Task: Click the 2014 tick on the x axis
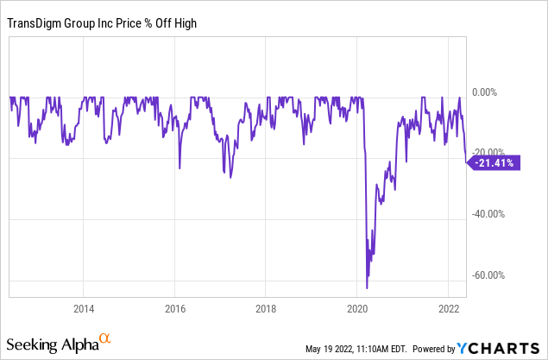84,308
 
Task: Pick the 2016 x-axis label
175,308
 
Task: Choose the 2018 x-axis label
267,308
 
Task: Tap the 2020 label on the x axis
357,308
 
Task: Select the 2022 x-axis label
449,308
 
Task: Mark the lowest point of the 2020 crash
367,288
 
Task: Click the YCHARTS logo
501,348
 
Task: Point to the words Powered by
434,349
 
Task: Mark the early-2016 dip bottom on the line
180,167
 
